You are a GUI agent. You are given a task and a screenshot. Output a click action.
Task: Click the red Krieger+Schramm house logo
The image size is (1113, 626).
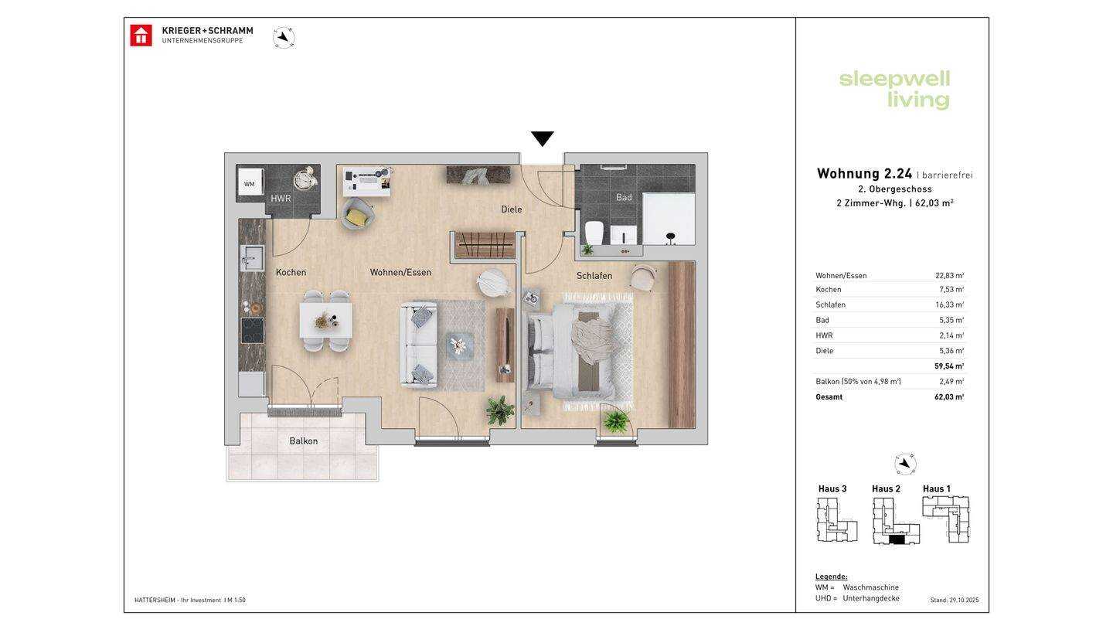click(x=141, y=36)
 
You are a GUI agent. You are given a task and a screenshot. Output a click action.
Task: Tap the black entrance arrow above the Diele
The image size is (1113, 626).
click(x=542, y=138)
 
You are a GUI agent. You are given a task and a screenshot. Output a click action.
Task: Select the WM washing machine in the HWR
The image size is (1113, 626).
click(x=250, y=184)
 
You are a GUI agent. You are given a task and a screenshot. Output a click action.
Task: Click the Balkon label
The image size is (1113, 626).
click(x=304, y=441)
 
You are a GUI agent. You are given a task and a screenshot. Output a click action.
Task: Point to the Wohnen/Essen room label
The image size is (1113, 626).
click(x=400, y=272)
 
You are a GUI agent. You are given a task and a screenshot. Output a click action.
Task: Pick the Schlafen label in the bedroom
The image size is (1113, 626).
click(x=594, y=276)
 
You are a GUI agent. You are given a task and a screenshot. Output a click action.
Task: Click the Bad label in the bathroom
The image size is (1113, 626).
click(x=624, y=197)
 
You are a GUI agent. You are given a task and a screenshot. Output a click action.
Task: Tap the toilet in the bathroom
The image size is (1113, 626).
click(x=594, y=233)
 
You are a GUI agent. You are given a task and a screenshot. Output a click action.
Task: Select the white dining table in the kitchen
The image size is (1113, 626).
click(x=326, y=321)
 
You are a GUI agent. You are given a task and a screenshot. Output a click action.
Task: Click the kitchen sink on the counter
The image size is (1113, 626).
click(x=253, y=258)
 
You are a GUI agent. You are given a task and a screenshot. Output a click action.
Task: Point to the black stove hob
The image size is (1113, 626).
click(x=253, y=331)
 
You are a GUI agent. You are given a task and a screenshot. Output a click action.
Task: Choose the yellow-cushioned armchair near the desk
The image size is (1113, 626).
click(x=357, y=213)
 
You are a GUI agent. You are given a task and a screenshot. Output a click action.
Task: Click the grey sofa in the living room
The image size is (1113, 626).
click(x=419, y=345)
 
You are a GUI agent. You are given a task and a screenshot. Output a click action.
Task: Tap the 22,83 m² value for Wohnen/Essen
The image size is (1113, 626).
click(x=949, y=275)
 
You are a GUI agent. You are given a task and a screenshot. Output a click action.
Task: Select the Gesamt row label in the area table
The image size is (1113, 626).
click(x=829, y=397)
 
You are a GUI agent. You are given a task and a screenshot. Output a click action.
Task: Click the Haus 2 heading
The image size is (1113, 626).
click(x=886, y=489)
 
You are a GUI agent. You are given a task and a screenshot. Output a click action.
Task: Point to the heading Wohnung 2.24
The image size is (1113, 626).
click(x=865, y=173)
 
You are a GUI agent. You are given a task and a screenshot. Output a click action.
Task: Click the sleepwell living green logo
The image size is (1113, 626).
click(x=894, y=90)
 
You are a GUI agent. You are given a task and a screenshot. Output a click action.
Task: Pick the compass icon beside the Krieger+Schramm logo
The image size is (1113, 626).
click(x=284, y=37)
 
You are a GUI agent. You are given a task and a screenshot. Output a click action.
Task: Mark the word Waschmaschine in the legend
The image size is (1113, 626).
click(x=870, y=587)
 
